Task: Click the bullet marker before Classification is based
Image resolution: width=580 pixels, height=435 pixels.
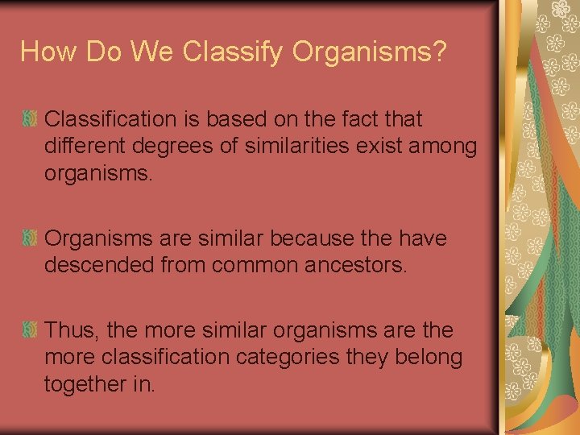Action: click(30, 120)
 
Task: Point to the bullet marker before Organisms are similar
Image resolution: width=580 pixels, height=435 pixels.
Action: click(30, 239)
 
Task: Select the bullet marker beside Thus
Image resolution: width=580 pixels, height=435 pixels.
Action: click(30, 331)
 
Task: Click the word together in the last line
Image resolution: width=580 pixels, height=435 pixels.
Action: click(85, 384)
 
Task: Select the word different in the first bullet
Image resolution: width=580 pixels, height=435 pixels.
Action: click(84, 147)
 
